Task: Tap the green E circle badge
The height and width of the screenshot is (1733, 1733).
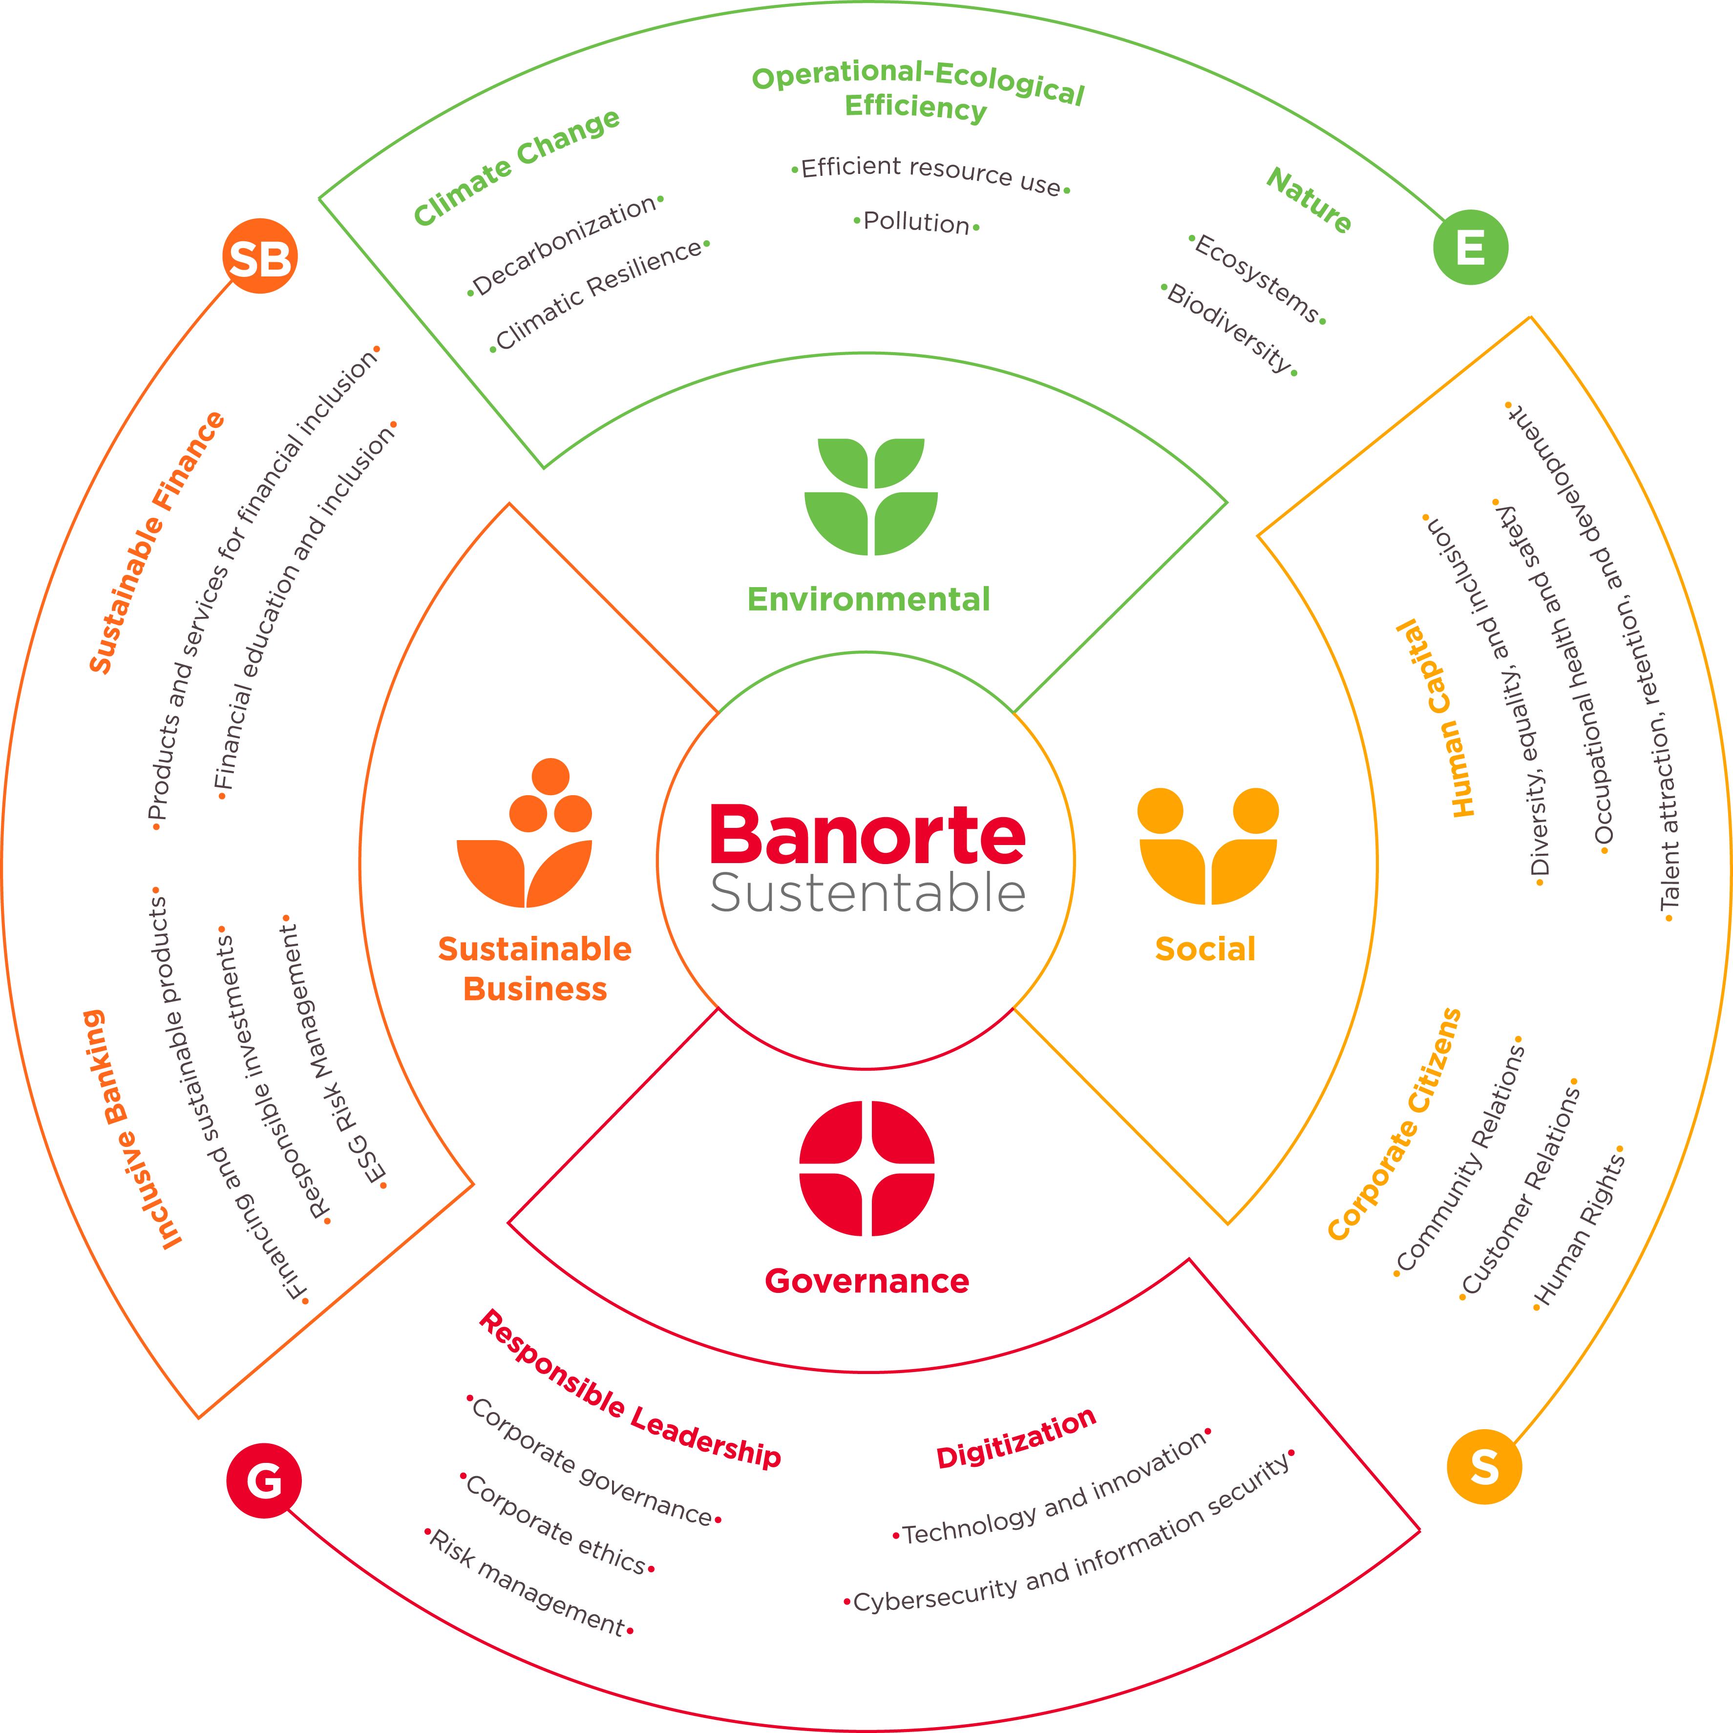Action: (x=1470, y=248)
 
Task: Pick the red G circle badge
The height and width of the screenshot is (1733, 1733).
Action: (x=264, y=1480)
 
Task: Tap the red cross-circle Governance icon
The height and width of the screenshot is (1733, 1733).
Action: (x=866, y=1168)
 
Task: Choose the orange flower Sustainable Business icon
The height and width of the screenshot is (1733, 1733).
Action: (x=525, y=834)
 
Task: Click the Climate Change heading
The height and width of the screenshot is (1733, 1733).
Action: (x=517, y=167)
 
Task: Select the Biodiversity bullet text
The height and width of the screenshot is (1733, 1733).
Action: (x=1229, y=327)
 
